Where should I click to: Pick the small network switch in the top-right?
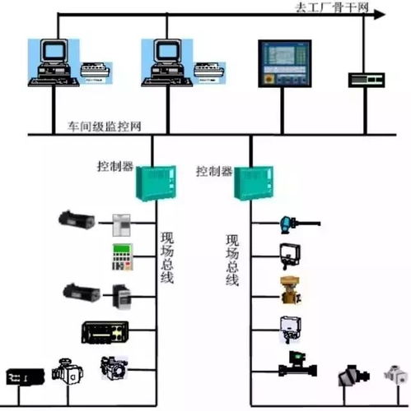(x=366, y=78)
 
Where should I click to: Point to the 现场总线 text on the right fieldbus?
(x=233, y=260)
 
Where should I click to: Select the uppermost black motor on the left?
(x=77, y=219)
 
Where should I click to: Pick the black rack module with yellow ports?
(x=105, y=332)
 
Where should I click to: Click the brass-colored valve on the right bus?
(x=290, y=289)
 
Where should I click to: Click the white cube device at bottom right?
(x=396, y=376)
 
